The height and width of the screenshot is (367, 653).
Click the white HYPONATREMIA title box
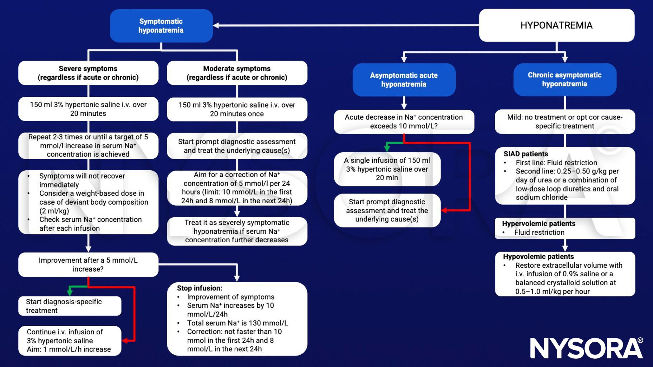[556, 25]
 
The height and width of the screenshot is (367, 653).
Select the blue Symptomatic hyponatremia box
[161, 26]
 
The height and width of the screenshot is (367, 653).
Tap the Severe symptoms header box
[88, 73]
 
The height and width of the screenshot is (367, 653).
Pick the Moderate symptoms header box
[237, 73]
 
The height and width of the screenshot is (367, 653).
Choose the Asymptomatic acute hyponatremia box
[404, 80]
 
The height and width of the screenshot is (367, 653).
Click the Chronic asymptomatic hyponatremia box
[564, 79]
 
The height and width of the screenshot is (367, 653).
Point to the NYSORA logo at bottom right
[586, 348]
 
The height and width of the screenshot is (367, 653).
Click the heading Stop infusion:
[199, 288]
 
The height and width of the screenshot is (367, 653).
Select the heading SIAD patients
[526, 154]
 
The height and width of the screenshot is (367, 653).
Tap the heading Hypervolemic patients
[539, 224]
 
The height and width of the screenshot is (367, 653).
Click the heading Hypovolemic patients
[538, 257]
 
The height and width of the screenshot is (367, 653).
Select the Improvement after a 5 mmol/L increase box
[88, 264]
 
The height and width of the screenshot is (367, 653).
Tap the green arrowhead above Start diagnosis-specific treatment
[70, 292]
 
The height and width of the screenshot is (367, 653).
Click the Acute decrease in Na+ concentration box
[404, 121]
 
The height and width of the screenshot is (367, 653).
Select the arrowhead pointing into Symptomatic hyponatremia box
[216, 25]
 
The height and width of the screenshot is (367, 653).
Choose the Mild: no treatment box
[564, 121]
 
